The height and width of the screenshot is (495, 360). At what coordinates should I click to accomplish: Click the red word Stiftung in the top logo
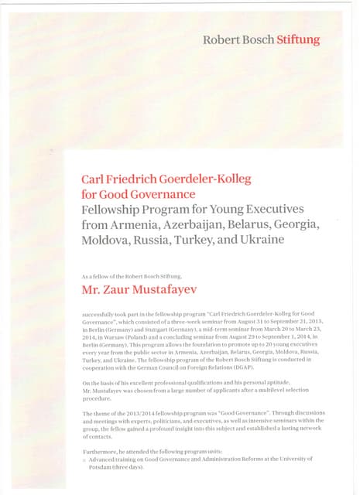[x=298, y=39]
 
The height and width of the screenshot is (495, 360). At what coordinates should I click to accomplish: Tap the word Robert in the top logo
[x=219, y=39]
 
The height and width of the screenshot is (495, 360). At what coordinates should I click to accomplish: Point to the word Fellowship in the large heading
[x=115, y=209]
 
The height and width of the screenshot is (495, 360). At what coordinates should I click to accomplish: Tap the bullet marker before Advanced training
[x=84, y=459]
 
